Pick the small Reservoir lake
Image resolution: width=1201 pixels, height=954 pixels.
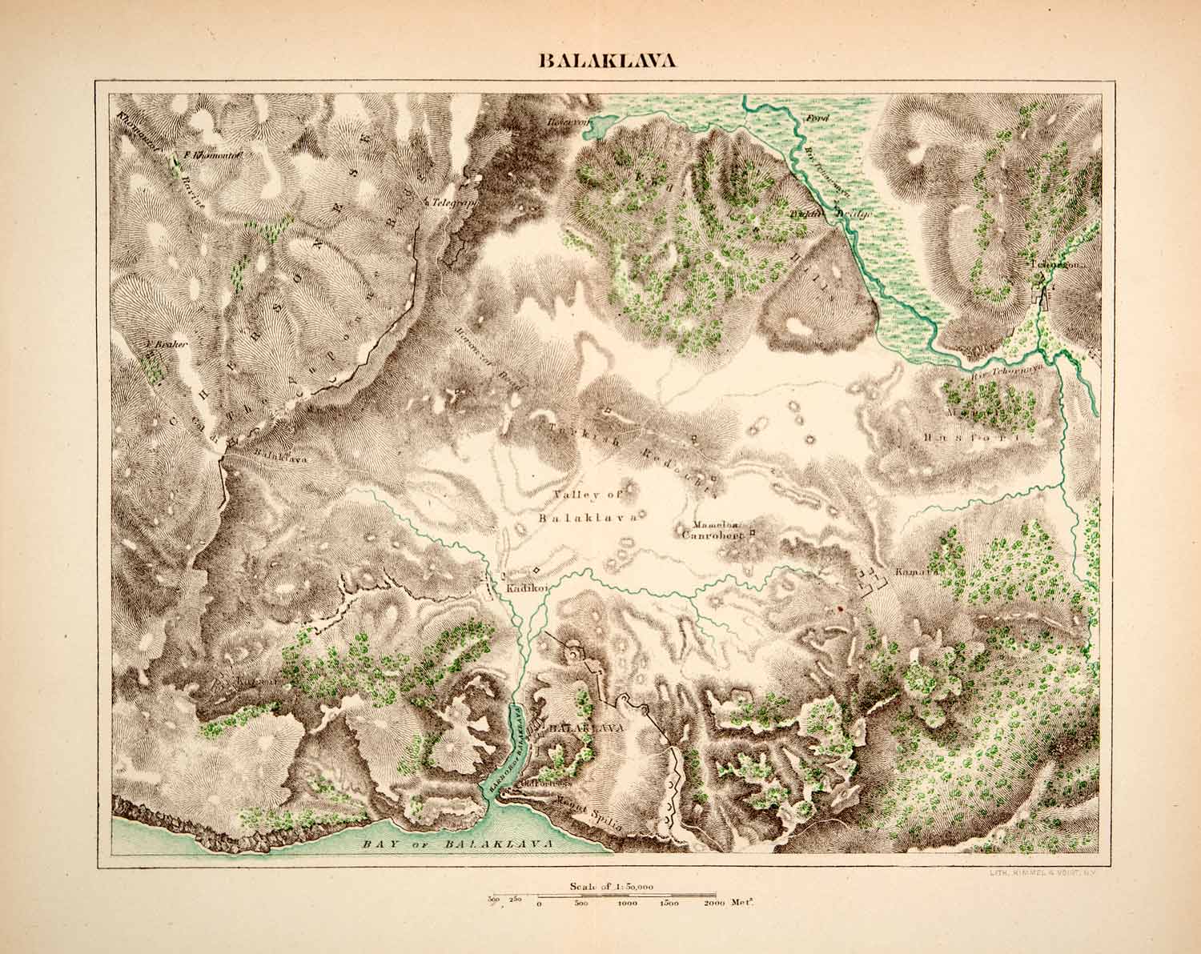pyautogui.click(x=598, y=127)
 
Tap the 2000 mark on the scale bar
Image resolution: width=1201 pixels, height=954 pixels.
pyautogui.click(x=714, y=903)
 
